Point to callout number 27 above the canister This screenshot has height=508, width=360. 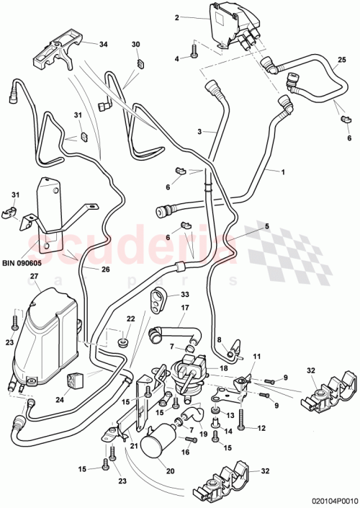pyautogui.click(x=33, y=276)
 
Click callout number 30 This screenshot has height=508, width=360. pyautogui.click(x=135, y=45)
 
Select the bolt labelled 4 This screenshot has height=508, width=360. pyautogui.click(x=194, y=50)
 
